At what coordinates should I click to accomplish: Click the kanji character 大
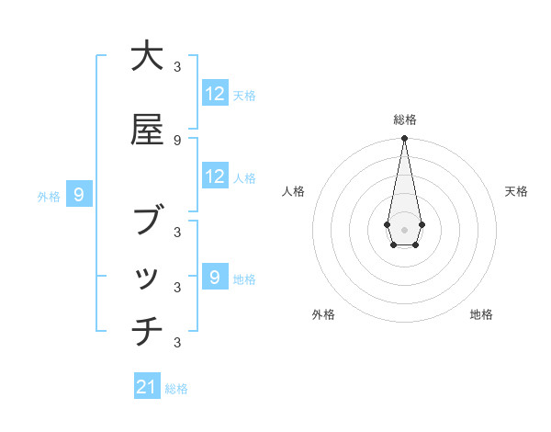click(x=147, y=57)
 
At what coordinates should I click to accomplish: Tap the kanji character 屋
click(x=147, y=130)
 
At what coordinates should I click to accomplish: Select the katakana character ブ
click(x=147, y=222)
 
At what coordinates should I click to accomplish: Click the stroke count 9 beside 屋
click(x=177, y=140)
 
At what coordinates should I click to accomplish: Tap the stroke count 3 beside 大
click(x=177, y=66)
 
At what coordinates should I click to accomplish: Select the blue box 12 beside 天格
click(x=215, y=94)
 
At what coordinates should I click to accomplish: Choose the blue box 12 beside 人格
click(x=215, y=176)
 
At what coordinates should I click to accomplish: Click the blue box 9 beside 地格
click(x=215, y=278)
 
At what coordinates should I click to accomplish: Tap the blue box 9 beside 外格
click(x=80, y=195)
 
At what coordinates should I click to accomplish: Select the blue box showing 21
click(x=147, y=387)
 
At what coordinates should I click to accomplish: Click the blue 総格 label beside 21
click(x=176, y=389)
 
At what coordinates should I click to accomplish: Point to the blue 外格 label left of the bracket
click(x=49, y=196)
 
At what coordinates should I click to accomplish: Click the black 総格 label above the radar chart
click(x=404, y=119)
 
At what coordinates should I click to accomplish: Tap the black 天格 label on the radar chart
click(x=516, y=191)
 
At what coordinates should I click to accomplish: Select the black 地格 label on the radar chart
click(x=481, y=314)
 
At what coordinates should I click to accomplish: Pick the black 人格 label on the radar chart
click(x=294, y=191)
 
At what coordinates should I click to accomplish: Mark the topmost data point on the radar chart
click(x=404, y=139)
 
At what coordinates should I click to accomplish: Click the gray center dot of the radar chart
click(x=404, y=228)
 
